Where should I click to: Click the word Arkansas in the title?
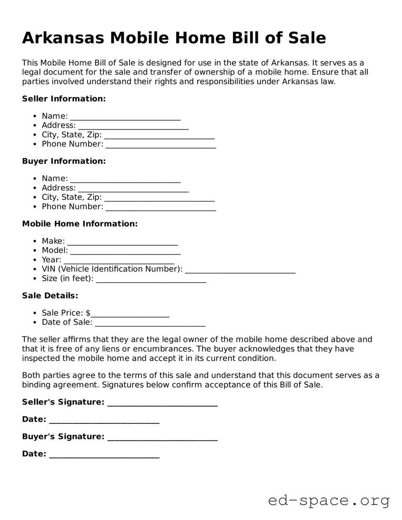pos(62,38)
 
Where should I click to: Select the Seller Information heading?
pos(64,99)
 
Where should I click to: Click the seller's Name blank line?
pos(125,117)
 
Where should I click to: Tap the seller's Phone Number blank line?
pos(161,145)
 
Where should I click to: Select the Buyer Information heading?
pos(64,161)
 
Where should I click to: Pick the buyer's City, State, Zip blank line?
pos(159,199)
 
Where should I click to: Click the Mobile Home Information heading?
pos(80,223)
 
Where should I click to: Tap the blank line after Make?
pos(122,242)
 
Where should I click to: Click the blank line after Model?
pos(125,252)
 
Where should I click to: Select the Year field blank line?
pos(119,261)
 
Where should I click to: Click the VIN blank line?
pos(240,270)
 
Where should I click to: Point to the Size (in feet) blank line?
pos(151,280)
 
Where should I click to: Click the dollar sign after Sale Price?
pos(88,313)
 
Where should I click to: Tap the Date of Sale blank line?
pos(150,324)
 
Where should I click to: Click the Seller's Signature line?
pos(162,404)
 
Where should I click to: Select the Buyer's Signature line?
pos(162,438)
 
